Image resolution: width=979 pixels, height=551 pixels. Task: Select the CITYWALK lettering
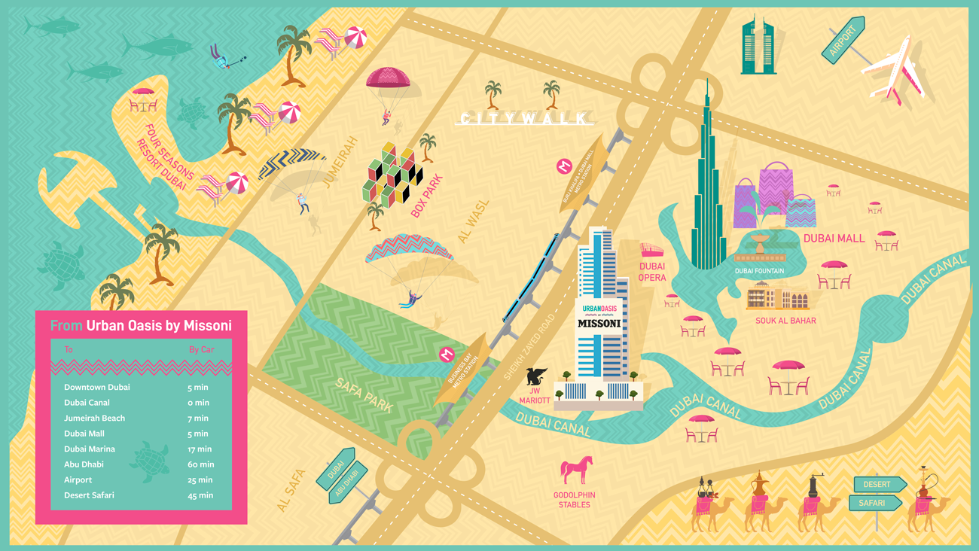[525, 118]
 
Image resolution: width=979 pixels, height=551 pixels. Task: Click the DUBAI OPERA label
[652, 272]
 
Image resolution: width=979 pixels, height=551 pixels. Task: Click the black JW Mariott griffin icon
[536, 376]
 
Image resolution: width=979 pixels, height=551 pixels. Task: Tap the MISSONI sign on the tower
[599, 323]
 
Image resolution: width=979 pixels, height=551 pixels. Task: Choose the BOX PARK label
[427, 196]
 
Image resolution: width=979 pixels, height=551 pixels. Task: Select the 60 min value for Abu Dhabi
[201, 464]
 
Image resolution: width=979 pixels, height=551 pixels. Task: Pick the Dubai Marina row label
[90, 449]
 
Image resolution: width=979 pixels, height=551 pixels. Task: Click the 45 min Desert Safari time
[200, 495]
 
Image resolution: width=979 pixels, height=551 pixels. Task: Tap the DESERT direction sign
[877, 484]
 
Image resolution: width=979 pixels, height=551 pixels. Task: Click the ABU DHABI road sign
[348, 483]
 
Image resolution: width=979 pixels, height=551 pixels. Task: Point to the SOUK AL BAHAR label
[785, 321]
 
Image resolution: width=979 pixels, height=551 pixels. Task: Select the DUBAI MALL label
[834, 238]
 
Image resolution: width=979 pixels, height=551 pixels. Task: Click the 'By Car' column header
[201, 349]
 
